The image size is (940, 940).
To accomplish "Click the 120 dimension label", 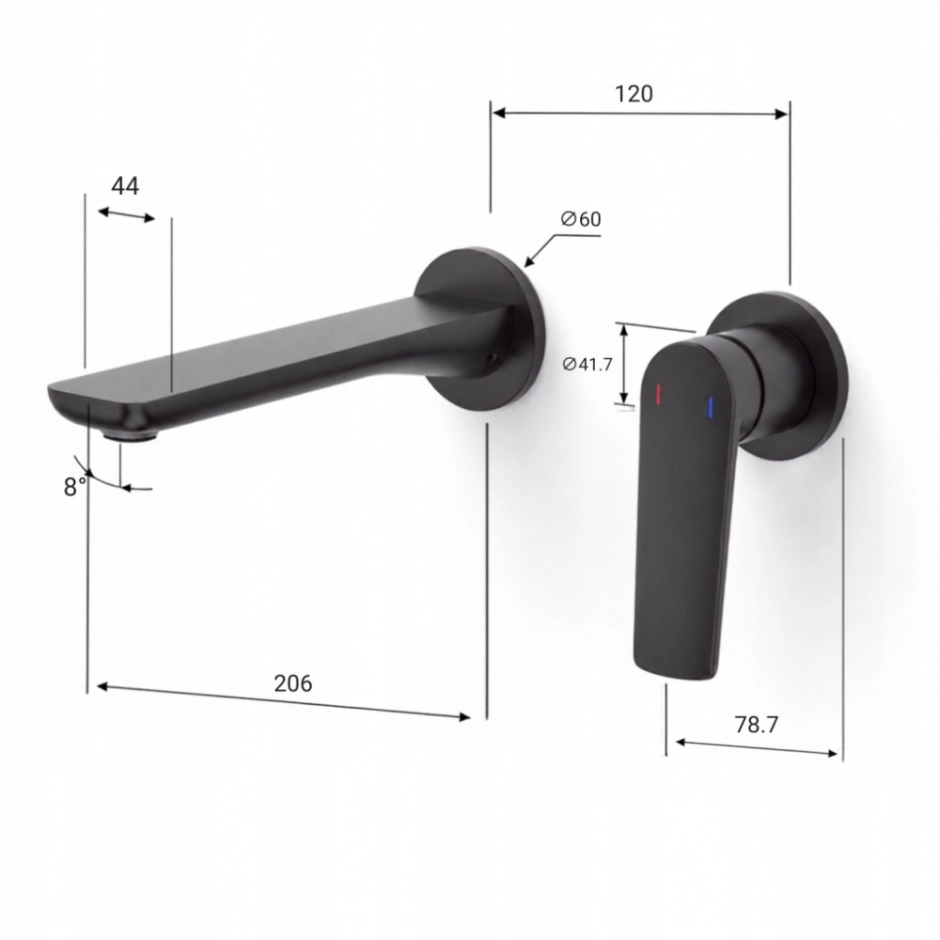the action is [634, 93].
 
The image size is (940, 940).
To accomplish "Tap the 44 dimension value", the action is [125, 186].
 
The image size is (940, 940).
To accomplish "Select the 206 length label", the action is [292, 683].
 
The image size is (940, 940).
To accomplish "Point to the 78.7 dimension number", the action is [756, 725].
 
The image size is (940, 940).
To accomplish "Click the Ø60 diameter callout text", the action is [580, 219].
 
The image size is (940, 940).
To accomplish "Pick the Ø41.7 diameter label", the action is [587, 364].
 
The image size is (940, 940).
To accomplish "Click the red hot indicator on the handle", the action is [658, 394].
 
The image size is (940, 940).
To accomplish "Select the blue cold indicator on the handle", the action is [711, 407].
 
